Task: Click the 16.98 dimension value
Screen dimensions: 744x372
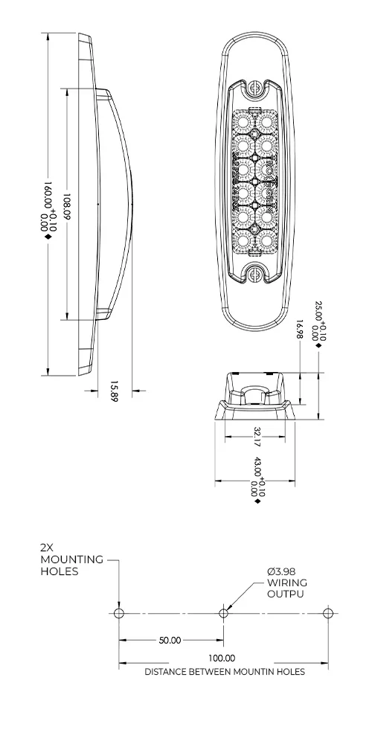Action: [300, 328]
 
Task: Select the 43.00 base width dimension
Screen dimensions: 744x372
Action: [257, 475]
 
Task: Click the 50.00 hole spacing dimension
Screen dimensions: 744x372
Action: [170, 640]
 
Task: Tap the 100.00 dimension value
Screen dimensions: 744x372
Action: [222, 658]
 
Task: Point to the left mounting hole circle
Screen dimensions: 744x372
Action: [118, 613]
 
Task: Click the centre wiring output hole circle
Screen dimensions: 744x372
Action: [223, 613]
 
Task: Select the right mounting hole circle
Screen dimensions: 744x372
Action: [328, 613]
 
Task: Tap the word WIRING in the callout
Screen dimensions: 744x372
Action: [286, 583]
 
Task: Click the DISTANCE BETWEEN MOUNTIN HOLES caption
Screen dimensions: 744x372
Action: [224, 671]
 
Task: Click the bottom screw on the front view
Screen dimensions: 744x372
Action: [255, 275]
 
